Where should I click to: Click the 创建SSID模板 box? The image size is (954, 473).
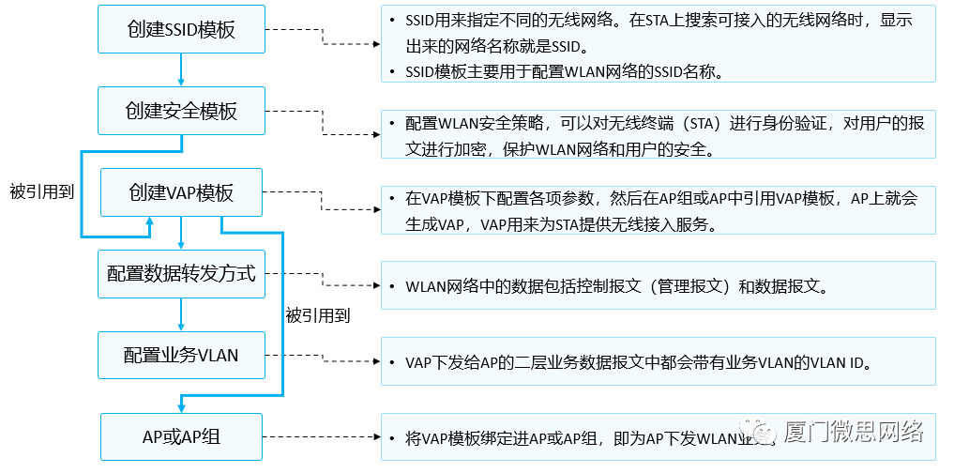[181, 30]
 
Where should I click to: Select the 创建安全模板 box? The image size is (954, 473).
[181, 111]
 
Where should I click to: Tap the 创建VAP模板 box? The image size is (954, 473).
[181, 192]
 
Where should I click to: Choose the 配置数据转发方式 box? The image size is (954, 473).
[181, 274]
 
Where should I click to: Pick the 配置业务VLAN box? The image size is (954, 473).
[181, 355]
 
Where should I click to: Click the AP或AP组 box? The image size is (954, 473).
[181, 436]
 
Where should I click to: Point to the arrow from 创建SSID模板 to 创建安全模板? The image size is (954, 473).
[181, 70]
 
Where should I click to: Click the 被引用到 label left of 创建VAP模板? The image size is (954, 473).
[42, 188]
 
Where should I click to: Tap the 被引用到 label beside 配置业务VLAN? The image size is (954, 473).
[317, 315]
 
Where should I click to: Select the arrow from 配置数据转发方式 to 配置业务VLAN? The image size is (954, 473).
[181, 314]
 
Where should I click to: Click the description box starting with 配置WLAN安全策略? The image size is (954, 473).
[658, 135]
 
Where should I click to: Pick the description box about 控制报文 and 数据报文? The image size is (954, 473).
[658, 285]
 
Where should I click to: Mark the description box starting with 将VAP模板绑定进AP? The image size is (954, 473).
[658, 437]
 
